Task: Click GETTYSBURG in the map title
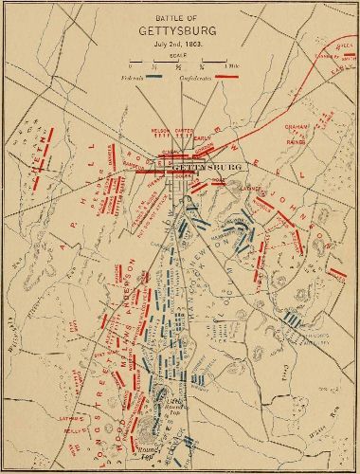pyautogui.click(x=176, y=30)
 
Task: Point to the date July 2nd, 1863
pyautogui.click(x=176, y=44)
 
